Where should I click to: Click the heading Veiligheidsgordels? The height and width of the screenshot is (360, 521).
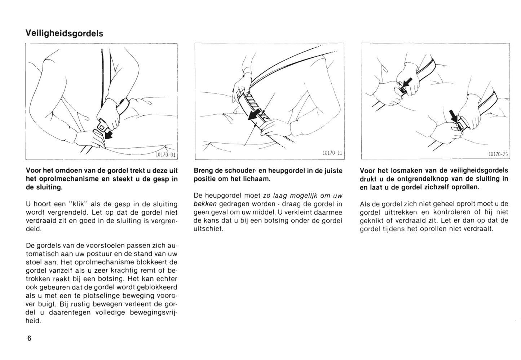click(x=64, y=34)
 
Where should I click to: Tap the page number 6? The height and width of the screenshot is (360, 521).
click(x=29, y=338)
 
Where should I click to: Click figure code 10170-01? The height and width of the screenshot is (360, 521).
click(x=165, y=155)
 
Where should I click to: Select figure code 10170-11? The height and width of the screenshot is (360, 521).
click(x=332, y=153)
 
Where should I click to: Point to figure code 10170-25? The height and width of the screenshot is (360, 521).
click(x=498, y=154)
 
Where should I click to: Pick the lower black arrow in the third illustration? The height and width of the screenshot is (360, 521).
click(x=454, y=117)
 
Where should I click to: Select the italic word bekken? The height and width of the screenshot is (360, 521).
click(x=205, y=204)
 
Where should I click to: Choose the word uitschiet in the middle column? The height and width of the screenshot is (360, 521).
click(x=208, y=229)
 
